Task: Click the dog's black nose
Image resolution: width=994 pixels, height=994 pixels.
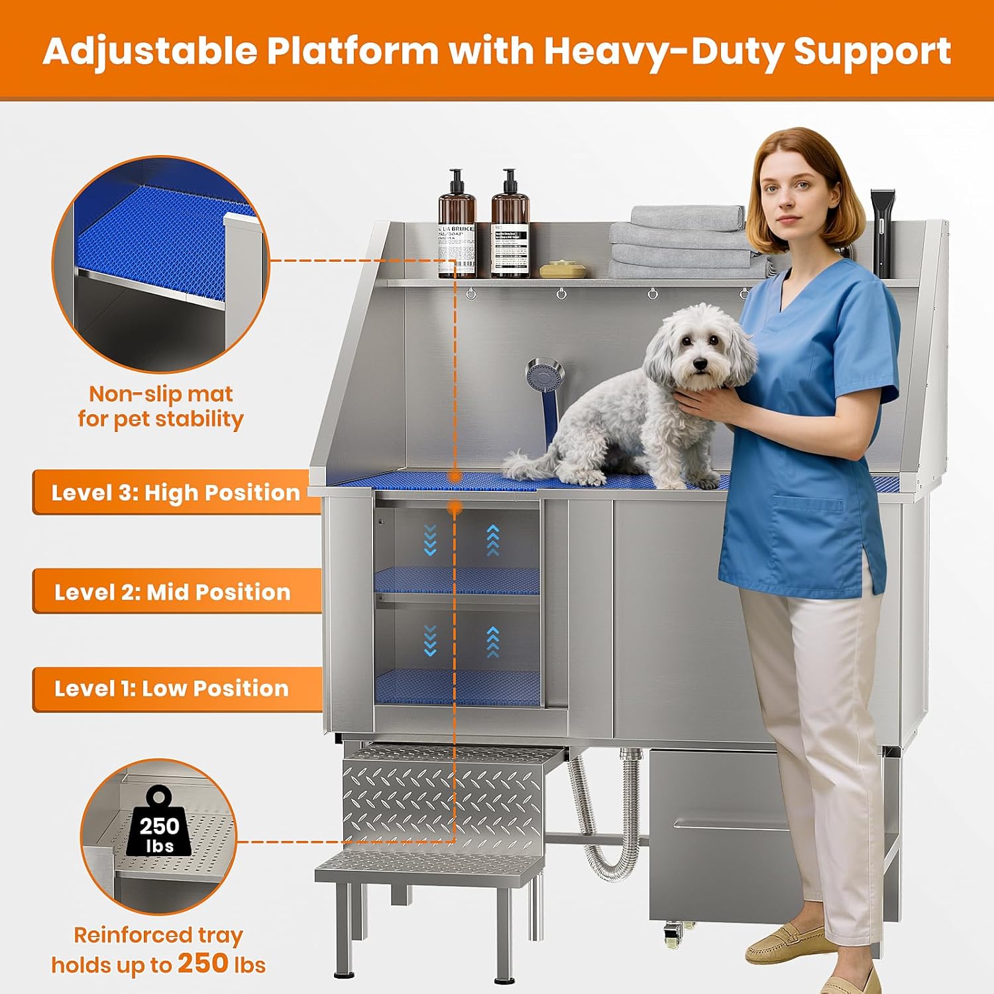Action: (x=701, y=363)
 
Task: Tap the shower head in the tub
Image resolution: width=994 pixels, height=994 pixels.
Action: (x=545, y=376)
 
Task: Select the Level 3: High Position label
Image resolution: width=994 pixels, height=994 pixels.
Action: (x=176, y=492)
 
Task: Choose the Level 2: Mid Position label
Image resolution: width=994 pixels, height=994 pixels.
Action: (x=172, y=591)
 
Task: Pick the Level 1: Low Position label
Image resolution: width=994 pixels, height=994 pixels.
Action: (x=172, y=689)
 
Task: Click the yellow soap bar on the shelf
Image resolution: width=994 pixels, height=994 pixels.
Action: (x=563, y=270)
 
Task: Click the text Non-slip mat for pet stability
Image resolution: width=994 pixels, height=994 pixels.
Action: (x=161, y=406)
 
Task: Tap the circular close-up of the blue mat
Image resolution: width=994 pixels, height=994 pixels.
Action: (x=161, y=265)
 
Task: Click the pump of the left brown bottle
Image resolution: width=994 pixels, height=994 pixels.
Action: (x=455, y=179)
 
